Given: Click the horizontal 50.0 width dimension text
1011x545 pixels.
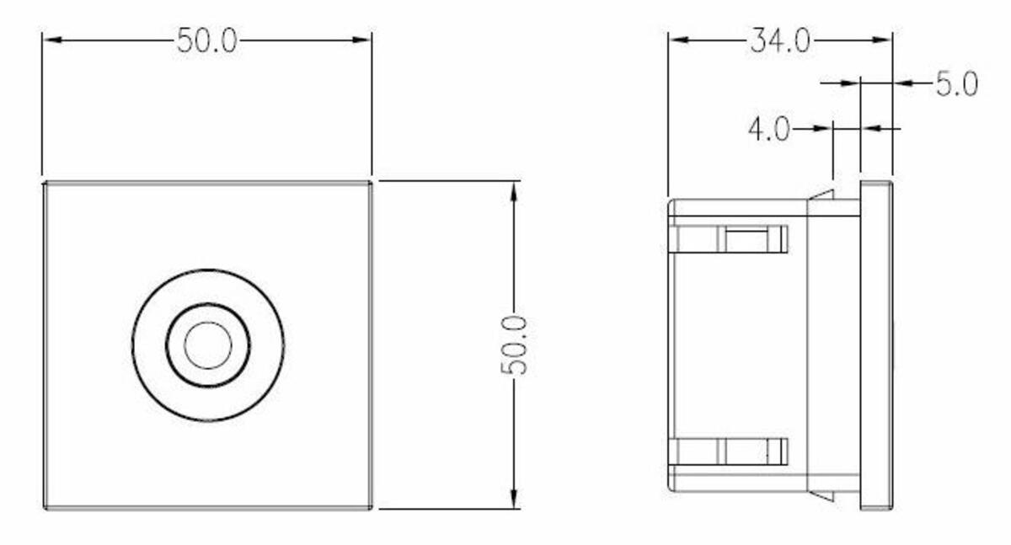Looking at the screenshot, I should pyautogui.click(x=206, y=40).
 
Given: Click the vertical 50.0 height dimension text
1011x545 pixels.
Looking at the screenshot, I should pyautogui.click(x=513, y=345).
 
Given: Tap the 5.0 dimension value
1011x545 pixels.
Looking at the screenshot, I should pyautogui.click(x=956, y=83).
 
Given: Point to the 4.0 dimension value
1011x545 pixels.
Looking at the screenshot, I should pyautogui.click(x=768, y=129).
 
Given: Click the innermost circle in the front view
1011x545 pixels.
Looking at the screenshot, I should pyautogui.click(x=207, y=345).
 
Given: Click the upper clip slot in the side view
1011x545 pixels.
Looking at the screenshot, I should pyautogui.click(x=746, y=239).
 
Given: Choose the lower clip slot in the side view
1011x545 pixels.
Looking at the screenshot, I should pyautogui.click(x=746, y=452).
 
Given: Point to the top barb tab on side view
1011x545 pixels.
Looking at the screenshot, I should pyautogui.click(x=821, y=197).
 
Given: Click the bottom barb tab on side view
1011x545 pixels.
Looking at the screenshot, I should pyautogui.click(x=821, y=495).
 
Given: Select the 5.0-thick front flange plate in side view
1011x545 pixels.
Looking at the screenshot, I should pyautogui.click(x=876, y=345).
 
